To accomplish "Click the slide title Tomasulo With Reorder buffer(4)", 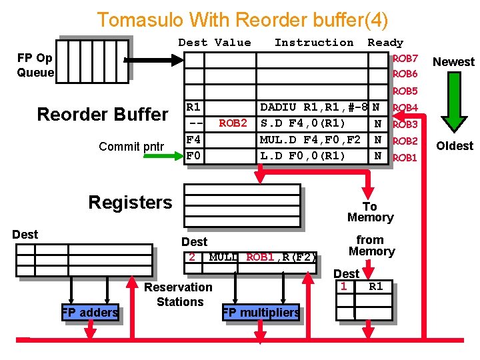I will pyautogui.click(x=242, y=19).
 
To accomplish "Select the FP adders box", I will pyautogui.click(x=90, y=312).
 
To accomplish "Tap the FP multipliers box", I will pyautogui.click(x=261, y=312).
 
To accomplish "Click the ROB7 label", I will pyautogui.click(x=405, y=59).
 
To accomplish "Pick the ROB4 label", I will pyautogui.click(x=405, y=108).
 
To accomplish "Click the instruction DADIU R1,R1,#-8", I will pyautogui.click(x=314, y=107).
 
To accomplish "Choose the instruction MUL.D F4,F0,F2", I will pyautogui.click(x=310, y=139).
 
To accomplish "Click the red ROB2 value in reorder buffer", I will pyautogui.click(x=233, y=123).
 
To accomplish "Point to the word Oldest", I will pyautogui.click(x=454, y=146).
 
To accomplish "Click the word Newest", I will pyautogui.click(x=453, y=62).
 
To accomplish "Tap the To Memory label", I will pyautogui.click(x=370, y=212).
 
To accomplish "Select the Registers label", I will pyautogui.click(x=130, y=203).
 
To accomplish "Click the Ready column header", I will pyautogui.click(x=385, y=43).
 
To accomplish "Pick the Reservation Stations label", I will pyautogui.click(x=179, y=294).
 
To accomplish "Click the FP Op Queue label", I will pyautogui.click(x=35, y=65).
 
